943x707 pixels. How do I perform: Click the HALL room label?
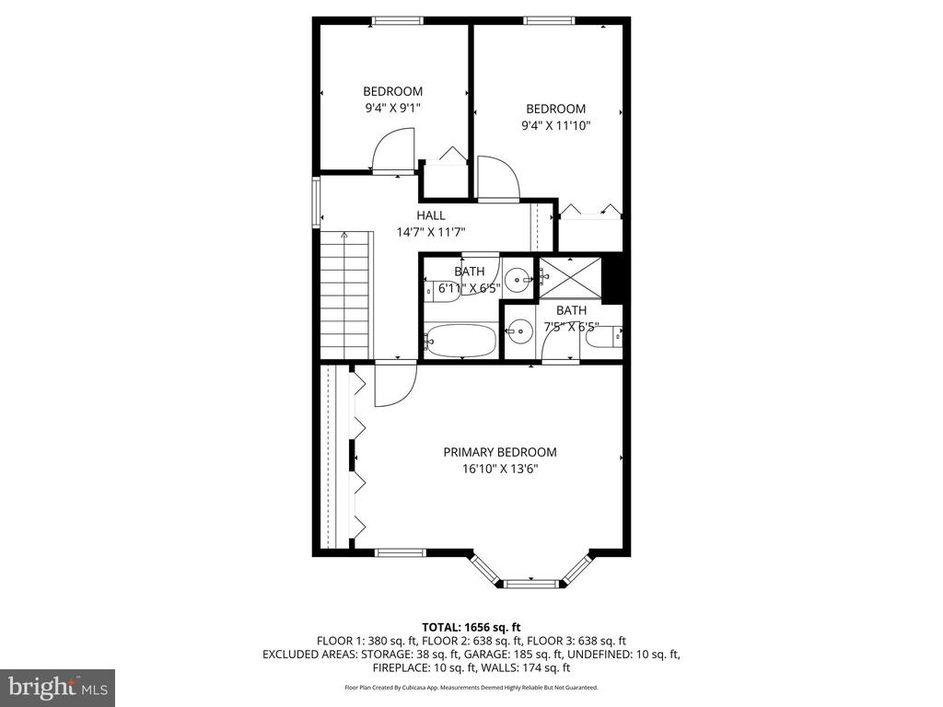tap(431, 215)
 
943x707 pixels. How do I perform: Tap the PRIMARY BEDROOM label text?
tap(500, 452)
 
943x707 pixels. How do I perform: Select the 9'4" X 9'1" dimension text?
tap(392, 109)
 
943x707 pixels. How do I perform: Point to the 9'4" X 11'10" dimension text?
tap(555, 125)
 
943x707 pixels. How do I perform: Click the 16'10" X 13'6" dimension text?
tap(500, 469)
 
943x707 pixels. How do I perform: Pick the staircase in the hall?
tap(344, 296)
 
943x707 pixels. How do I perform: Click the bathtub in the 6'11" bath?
tap(460, 341)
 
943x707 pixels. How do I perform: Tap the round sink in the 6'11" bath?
tap(518, 280)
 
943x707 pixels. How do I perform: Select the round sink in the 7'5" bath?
tap(518, 330)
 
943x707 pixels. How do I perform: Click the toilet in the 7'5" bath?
tap(604, 337)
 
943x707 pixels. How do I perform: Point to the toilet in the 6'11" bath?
tap(442, 291)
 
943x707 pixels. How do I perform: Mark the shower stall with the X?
tap(569, 277)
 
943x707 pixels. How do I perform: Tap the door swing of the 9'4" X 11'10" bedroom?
tap(498, 178)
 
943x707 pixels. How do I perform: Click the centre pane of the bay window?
tap(531, 583)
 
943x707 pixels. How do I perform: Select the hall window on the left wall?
tap(316, 202)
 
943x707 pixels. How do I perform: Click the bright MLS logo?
tap(57, 687)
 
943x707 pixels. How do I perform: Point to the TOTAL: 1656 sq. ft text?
tap(471, 628)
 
